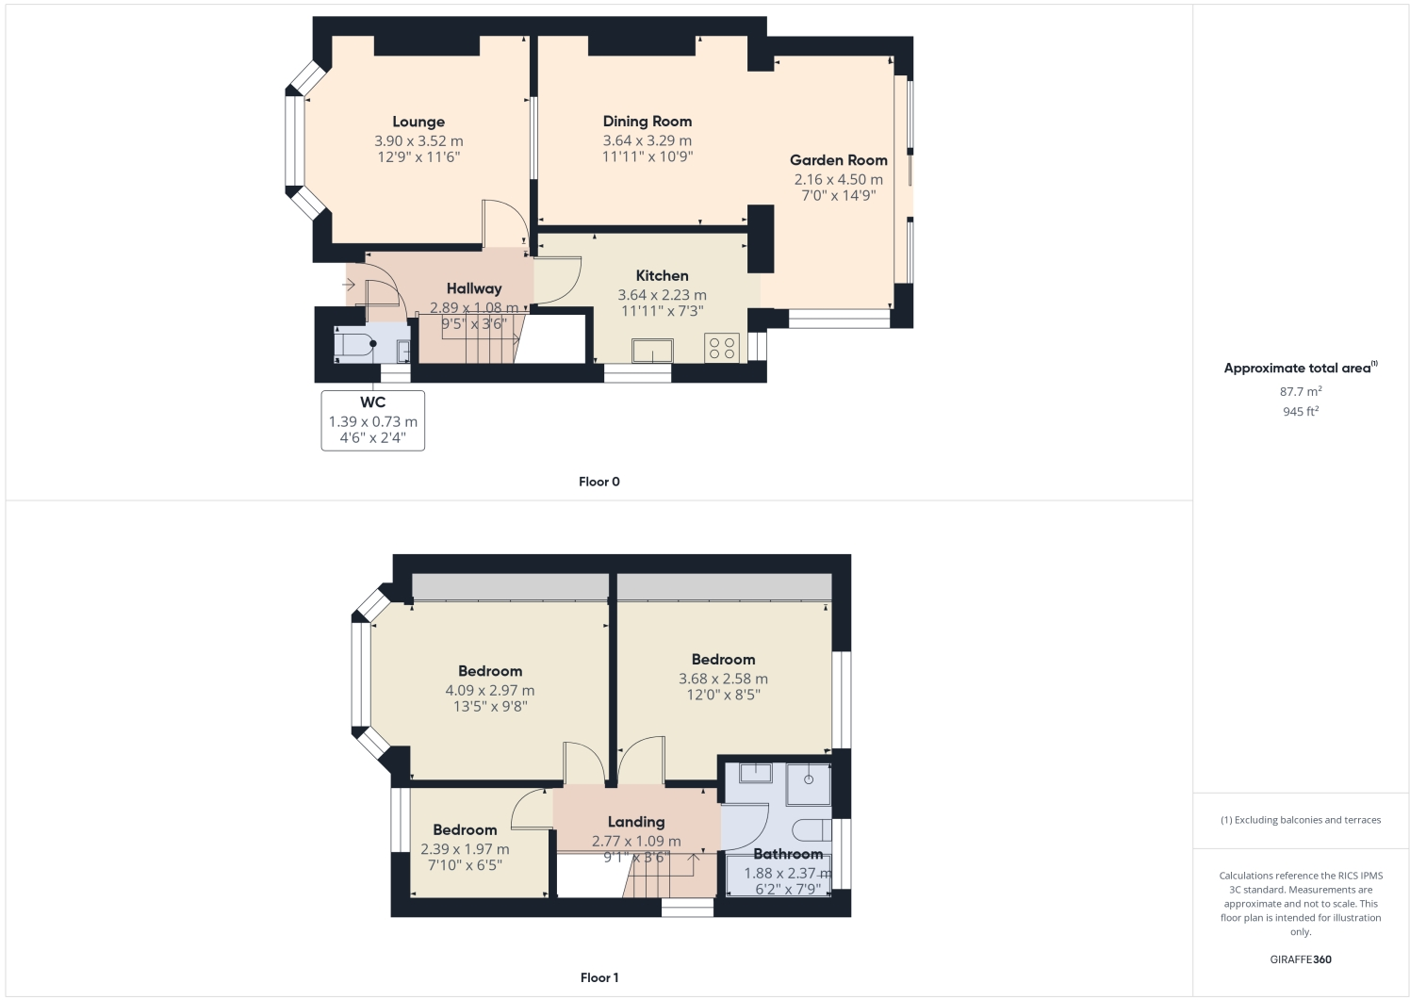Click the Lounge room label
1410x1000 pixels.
tap(418, 122)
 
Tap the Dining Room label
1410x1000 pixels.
tap(648, 122)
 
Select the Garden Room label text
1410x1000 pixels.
tap(838, 160)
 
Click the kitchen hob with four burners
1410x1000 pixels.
tap(722, 348)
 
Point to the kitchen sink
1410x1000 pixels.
tap(652, 351)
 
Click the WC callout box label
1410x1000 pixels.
tap(372, 402)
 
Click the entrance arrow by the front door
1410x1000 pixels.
tap(349, 284)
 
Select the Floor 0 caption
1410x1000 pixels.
tap(599, 482)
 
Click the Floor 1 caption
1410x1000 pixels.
tap(599, 977)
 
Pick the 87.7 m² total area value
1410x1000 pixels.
tap(1300, 391)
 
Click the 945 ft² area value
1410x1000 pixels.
tap(1300, 412)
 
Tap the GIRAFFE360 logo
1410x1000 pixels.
tap(1301, 959)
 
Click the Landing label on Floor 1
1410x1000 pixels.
tap(636, 822)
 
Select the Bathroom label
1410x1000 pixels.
tap(788, 854)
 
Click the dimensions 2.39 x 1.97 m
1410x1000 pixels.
tap(465, 849)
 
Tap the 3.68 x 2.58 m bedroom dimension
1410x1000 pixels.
tap(723, 679)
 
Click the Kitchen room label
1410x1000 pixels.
tap(662, 276)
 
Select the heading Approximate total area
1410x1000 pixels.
tap(1297, 369)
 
